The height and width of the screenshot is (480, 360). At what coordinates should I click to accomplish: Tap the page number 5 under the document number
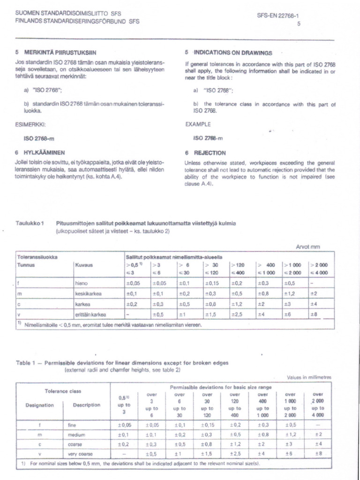[298, 24]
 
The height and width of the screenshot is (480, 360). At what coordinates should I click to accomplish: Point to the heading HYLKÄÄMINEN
[45, 152]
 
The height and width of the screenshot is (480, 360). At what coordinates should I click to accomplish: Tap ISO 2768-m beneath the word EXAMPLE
[209, 138]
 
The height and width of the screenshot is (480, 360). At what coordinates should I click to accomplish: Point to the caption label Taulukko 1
[30, 223]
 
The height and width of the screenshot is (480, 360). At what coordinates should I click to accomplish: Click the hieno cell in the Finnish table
[82, 283]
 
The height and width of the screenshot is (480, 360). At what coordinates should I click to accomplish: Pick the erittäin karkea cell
[90, 314]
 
